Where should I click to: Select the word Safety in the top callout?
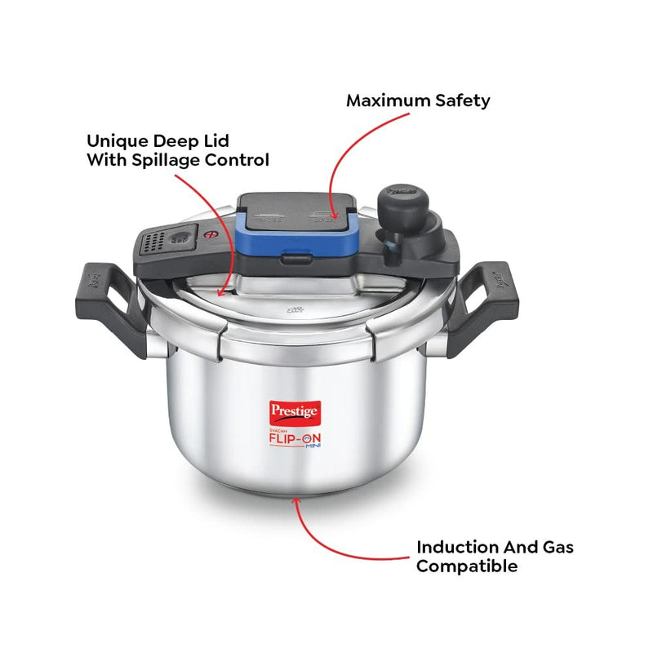point(463,101)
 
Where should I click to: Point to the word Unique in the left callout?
point(118,140)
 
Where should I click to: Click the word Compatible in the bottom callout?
point(467,566)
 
